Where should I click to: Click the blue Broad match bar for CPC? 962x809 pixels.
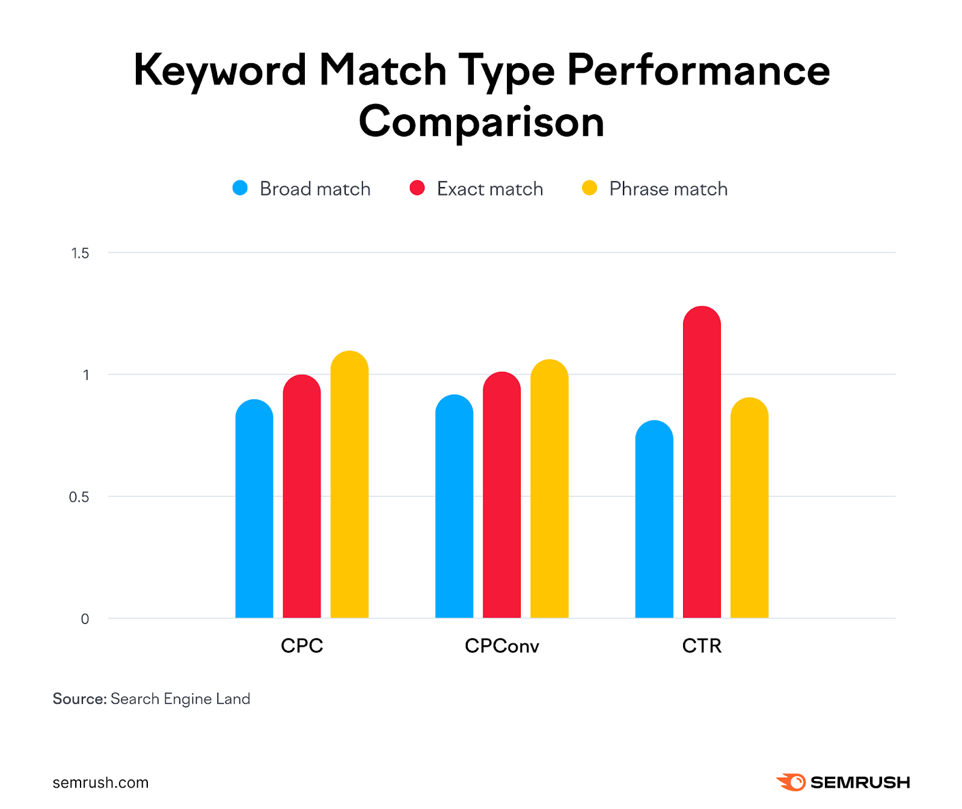pos(254,511)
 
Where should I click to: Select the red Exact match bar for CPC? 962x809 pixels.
pos(301,499)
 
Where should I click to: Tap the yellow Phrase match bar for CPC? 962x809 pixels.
pos(349,487)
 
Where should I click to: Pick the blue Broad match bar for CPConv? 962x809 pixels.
pos(454,508)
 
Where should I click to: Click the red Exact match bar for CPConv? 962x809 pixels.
pos(501,496)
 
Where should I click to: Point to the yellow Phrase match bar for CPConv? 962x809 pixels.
pos(549,490)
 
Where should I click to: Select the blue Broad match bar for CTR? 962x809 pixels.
pos(654,520)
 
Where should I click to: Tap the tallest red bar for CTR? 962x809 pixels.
pos(702,463)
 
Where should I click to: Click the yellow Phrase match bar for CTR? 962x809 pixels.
pos(749,508)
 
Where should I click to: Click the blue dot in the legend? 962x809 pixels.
pos(240,188)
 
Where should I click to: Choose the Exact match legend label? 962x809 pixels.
pos(489,189)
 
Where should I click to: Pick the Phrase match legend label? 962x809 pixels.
pos(668,189)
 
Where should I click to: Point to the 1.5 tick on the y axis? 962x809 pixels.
pos(80,253)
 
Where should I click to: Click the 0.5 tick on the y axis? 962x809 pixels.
pos(79,497)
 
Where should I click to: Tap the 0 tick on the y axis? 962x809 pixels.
pos(85,619)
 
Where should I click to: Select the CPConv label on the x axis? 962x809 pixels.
pos(501,646)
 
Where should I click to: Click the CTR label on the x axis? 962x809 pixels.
pos(701,646)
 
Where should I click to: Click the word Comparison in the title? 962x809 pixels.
pos(481,122)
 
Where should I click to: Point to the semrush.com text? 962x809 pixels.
pos(100,783)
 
